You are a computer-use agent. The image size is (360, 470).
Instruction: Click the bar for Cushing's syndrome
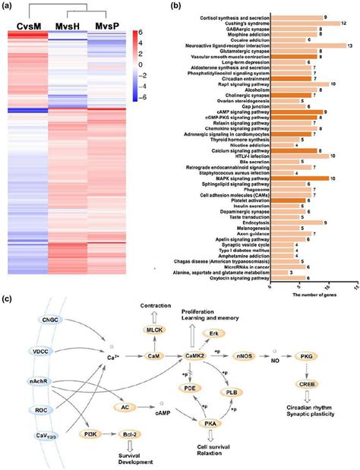click(x=305, y=23)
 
